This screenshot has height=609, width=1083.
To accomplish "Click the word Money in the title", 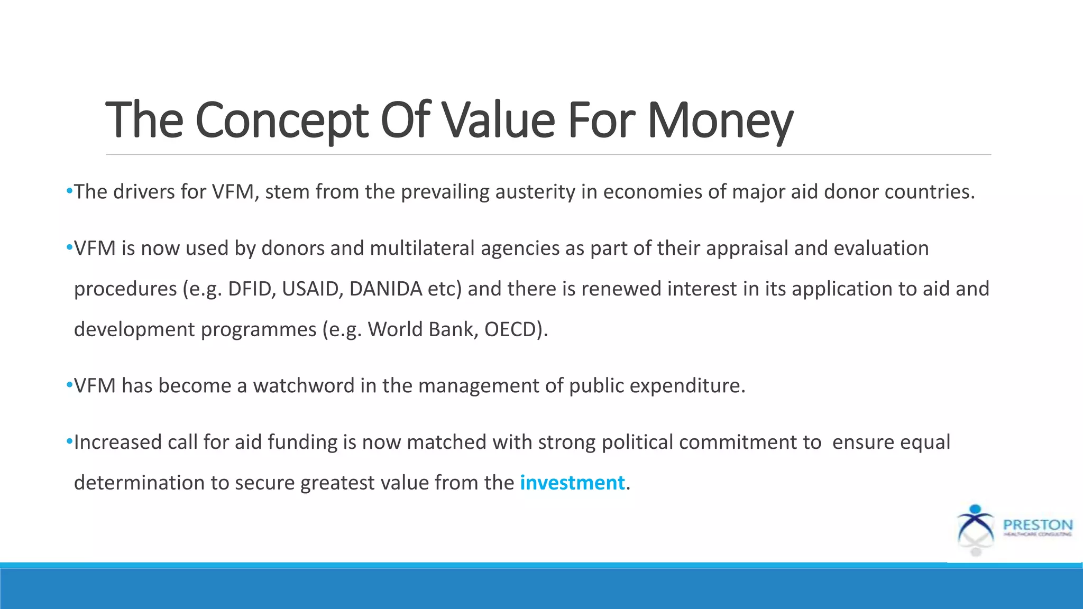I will [720, 121].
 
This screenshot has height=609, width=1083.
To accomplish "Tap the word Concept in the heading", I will [281, 121].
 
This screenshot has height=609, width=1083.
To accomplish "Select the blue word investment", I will [572, 483].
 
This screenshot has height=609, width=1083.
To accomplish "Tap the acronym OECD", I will [513, 329].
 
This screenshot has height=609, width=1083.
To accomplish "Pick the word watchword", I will [304, 386].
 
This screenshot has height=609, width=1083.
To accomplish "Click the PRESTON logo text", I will [1038, 525].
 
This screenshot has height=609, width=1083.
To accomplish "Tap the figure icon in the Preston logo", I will [976, 525].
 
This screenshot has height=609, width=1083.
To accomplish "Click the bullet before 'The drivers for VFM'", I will [69, 191].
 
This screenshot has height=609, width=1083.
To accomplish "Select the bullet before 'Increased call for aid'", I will [69, 441].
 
